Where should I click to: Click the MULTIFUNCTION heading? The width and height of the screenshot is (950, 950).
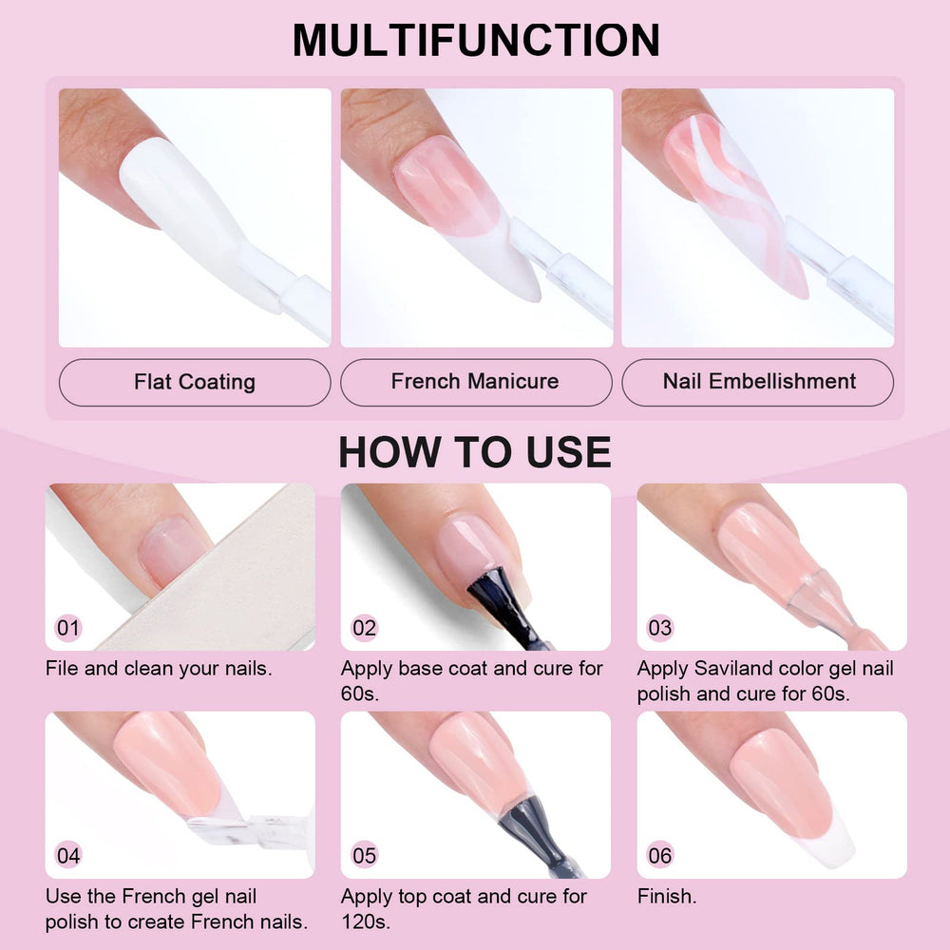tap(476, 40)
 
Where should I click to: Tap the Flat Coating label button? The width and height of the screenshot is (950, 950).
tap(195, 382)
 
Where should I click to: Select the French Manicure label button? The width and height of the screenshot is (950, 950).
tap(476, 382)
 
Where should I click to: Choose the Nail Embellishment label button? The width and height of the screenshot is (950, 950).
tap(757, 382)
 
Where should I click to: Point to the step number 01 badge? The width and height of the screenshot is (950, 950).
tap(67, 628)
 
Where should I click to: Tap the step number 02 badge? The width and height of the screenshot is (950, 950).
tap(364, 628)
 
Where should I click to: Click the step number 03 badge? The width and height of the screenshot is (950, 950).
tap(660, 628)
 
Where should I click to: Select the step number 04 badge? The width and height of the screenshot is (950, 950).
tap(67, 856)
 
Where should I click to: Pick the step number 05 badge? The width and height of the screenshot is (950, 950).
tap(364, 856)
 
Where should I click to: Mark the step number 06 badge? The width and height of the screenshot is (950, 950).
tap(660, 856)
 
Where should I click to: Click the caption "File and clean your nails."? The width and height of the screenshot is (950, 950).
tap(159, 668)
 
